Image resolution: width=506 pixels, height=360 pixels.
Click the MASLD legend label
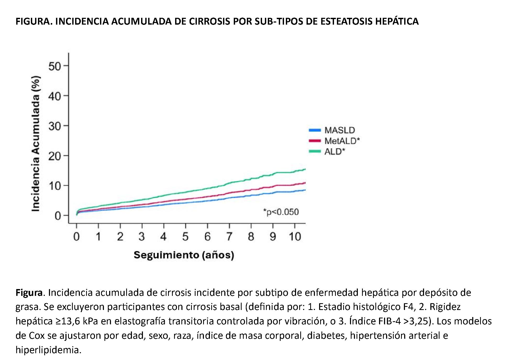pyautogui.click(x=340, y=130)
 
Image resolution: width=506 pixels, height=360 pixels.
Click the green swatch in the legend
pyautogui.click(x=315, y=151)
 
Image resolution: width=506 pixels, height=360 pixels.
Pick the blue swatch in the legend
pyautogui.click(x=315, y=130)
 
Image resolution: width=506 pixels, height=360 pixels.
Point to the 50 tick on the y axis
pyautogui.click(x=54, y=66)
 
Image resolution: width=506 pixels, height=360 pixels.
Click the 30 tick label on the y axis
pyautogui.click(x=54, y=126)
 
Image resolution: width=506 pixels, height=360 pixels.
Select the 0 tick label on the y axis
pyautogui.click(x=58, y=216)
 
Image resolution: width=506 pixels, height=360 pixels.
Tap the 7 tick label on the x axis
pyautogui.click(x=229, y=237)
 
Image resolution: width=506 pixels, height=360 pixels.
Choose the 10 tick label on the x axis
pyautogui.click(x=295, y=237)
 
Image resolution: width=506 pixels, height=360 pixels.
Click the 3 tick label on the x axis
pyautogui.click(x=142, y=237)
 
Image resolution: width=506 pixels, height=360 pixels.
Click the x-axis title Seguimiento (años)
pyautogui.click(x=184, y=255)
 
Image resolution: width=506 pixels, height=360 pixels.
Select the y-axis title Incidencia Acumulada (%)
pyautogui.click(x=36, y=143)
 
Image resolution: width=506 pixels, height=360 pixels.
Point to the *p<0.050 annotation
pyautogui.click(x=281, y=212)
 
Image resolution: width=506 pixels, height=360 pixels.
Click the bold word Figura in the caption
pyautogui.click(x=29, y=292)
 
